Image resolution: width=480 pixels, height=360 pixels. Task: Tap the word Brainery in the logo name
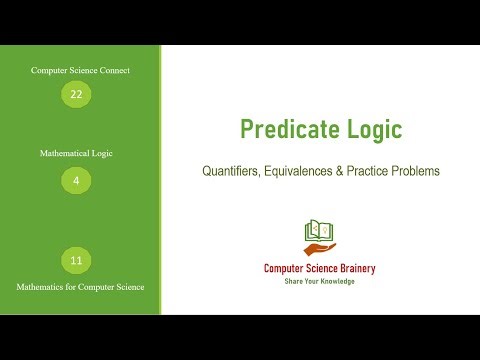pos(359,268)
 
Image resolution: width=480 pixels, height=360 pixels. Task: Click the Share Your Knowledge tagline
pos(320,281)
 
